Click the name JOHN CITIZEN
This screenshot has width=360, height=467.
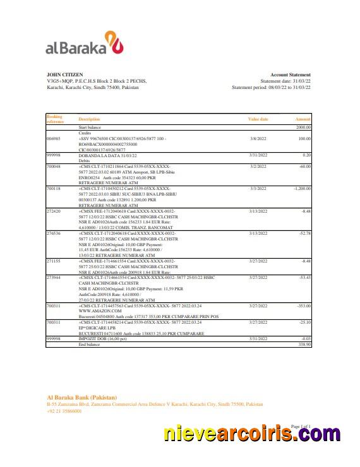[x=64, y=74]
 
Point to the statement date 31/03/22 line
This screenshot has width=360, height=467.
[x=285, y=81]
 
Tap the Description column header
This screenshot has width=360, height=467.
[x=89, y=119]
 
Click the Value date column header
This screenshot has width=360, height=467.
[x=258, y=119]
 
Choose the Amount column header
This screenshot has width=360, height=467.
[x=303, y=119]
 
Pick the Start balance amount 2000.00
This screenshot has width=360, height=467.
[x=304, y=127]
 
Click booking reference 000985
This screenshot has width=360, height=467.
[x=54, y=138]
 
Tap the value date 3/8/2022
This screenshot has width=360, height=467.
[x=258, y=138]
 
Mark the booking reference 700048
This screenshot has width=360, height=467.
[x=54, y=166]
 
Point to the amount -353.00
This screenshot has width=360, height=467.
[x=304, y=305]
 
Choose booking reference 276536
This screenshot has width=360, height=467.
[x=54, y=233]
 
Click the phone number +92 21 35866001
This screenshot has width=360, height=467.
[x=64, y=411]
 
